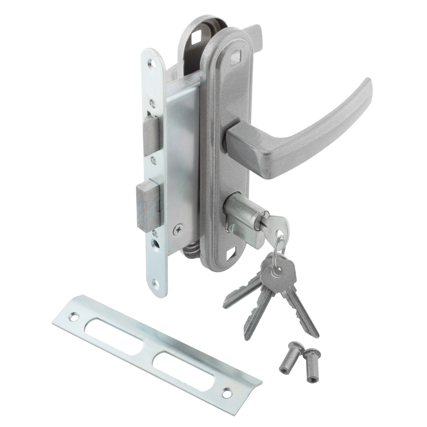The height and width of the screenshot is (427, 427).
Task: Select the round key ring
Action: [x=278, y=248]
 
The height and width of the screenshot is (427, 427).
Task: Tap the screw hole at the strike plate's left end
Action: [x=75, y=317]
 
